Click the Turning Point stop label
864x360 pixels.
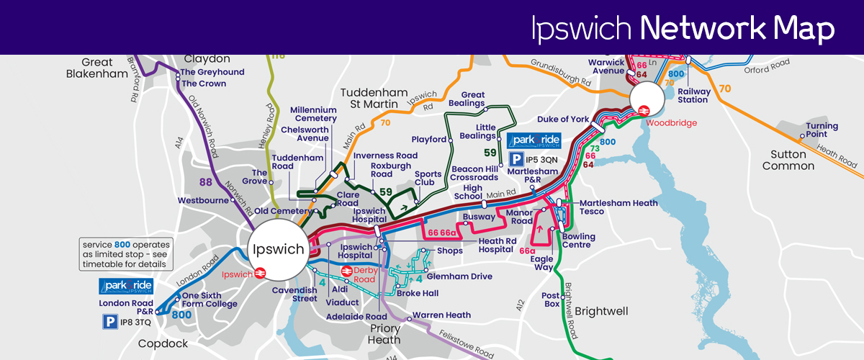point(822,130)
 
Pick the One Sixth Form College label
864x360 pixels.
point(210,300)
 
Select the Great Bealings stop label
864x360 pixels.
point(472,99)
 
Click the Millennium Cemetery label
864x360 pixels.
point(313,114)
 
